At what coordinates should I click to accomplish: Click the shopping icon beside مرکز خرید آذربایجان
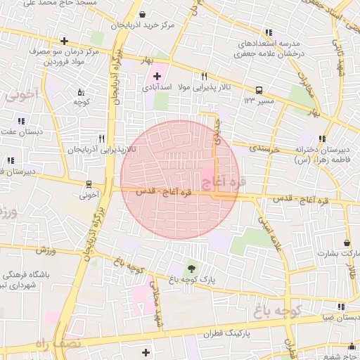[143, 14]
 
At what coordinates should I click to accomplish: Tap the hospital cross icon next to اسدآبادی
[156, 75]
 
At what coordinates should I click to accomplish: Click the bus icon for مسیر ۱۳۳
[259, 90]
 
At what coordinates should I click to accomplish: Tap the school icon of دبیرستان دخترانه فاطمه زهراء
[322, 139]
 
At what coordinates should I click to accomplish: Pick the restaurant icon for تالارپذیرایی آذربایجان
[102, 139]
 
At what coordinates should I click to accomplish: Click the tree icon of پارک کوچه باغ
[191, 268]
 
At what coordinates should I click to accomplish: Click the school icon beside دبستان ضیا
[341, 307]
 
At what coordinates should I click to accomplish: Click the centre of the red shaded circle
[180, 179]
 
